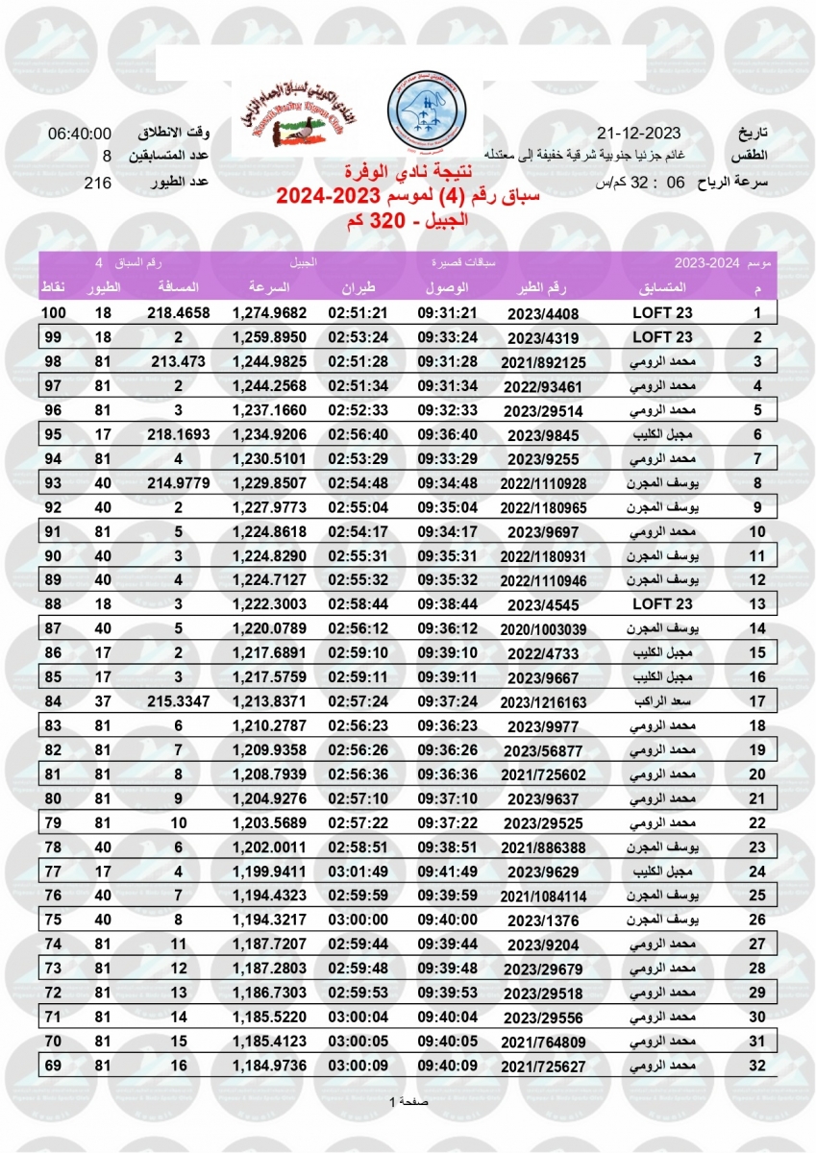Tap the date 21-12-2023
point(638,134)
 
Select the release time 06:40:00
point(81,134)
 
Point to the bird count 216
point(98,181)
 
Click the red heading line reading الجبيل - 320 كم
point(408,221)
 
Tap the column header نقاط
point(53,287)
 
